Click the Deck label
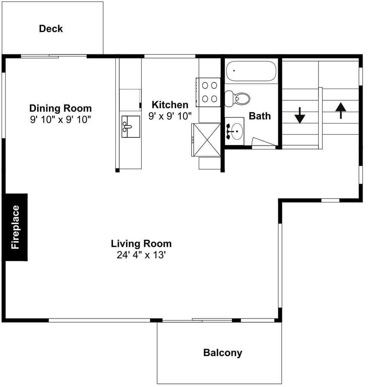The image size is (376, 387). (x=51, y=29)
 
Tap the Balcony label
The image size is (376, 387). (x=222, y=353)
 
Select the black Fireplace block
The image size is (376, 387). (x=15, y=227)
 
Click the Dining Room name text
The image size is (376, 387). (x=61, y=108)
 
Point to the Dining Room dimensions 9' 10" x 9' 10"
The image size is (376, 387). (x=61, y=120)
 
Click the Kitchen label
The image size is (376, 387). (x=170, y=104)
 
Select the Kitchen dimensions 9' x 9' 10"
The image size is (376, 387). (x=170, y=116)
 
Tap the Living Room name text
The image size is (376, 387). (x=141, y=244)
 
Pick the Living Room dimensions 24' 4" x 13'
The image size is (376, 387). (x=141, y=255)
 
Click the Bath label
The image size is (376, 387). (x=260, y=116)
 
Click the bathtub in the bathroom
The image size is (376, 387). (x=251, y=71)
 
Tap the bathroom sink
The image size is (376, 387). (x=234, y=131)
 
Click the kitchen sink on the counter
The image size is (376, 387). (x=130, y=127)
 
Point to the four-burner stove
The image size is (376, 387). (x=209, y=92)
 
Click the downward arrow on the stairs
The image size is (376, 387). (x=300, y=115)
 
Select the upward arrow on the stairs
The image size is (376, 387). (x=340, y=110)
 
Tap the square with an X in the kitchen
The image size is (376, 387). (x=206, y=140)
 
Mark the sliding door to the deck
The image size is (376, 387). (x=54, y=57)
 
